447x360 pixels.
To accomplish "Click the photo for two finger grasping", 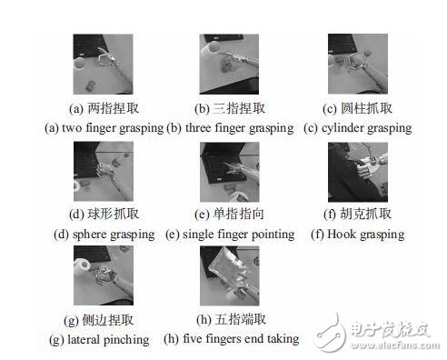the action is (103, 64).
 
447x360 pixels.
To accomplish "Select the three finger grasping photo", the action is (229, 64).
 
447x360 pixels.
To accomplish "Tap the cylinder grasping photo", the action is (358, 64).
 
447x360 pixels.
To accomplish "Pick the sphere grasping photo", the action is (104, 171).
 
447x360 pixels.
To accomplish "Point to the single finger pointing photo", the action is (230, 172).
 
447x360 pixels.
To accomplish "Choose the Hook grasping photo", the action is (358, 172).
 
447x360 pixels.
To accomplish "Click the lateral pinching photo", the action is (104, 275).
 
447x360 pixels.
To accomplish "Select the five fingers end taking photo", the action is (230, 275).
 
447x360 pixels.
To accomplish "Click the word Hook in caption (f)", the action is (342, 234).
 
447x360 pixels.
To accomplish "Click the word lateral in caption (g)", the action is (84, 339).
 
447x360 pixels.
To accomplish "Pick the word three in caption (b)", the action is (198, 127).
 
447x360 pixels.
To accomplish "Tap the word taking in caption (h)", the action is (283, 339).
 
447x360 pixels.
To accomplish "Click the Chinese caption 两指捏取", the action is (114, 108).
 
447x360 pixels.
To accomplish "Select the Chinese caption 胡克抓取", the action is (366, 214).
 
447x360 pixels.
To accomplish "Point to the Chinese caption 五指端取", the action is (240, 319).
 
